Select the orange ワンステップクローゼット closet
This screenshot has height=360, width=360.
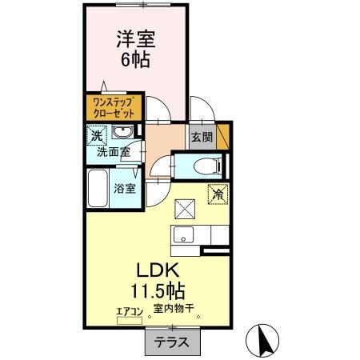(x=114, y=106)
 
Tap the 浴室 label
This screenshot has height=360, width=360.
(x=123, y=189)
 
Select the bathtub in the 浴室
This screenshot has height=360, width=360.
(x=98, y=189)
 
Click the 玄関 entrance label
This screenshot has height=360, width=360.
(x=200, y=137)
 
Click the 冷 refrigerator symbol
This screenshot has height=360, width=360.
(x=218, y=193)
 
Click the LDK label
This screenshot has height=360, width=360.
(x=166, y=269)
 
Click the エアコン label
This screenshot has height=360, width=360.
(x=129, y=311)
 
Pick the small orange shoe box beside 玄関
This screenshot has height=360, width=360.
(x=223, y=132)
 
